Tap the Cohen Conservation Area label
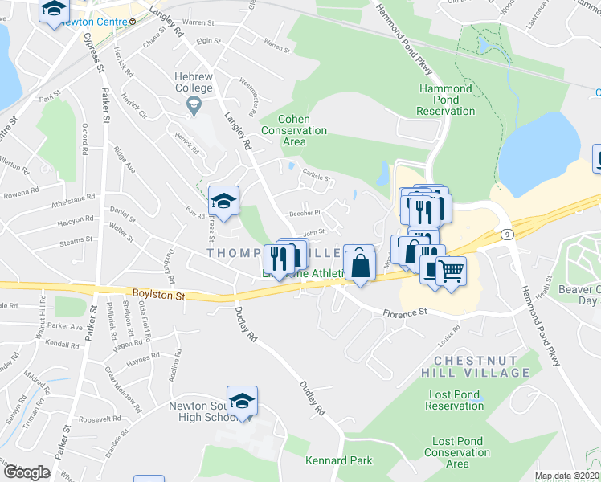pyautogui.click(x=294, y=130)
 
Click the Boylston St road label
pyautogui.click(x=158, y=296)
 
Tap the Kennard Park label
pyautogui.click(x=339, y=460)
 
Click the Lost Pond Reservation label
pyautogui.click(x=454, y=400)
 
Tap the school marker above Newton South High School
pyautogui.click(x=242, y=401)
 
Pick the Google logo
pyautogui.click(x=26, y=472)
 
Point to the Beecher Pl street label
pyautogui.click(x=305, y=214)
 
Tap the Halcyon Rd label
pyautogui.click(x=81, y=219)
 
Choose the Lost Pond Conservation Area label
pyautogui.click(x=457, y=452)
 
